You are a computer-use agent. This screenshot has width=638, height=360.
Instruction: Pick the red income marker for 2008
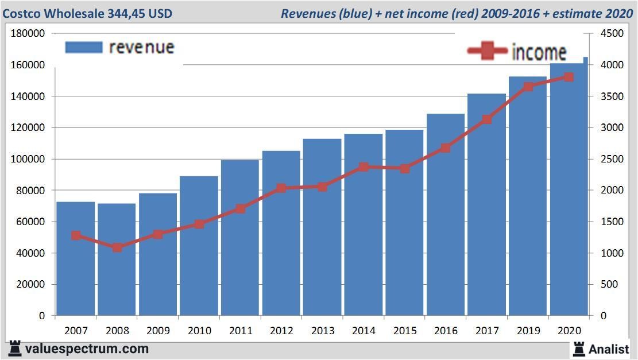pos(117,247)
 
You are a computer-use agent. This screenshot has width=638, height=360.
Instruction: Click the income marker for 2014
pos(364,167)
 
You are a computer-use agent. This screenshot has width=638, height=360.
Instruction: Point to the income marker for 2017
pos(487,119)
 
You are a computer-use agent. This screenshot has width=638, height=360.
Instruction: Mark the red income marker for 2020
pos(569,77)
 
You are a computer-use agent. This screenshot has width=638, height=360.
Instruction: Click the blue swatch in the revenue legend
pos(84,47)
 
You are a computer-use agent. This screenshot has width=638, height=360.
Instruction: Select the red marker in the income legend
pos(487,52)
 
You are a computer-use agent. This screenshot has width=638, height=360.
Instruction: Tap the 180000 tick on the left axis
pos(28,33)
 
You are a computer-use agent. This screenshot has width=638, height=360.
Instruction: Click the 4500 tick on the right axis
pos(612,33)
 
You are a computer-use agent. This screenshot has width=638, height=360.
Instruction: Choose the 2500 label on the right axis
pos(612,159)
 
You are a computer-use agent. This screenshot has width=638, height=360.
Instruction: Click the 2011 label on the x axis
pos(240,331)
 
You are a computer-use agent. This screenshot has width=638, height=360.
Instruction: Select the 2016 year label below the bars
pos(446,331)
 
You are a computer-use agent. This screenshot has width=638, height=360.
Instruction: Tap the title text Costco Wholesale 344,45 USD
pos(87,13)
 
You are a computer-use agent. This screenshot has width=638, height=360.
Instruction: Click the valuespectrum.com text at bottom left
pos(87,349)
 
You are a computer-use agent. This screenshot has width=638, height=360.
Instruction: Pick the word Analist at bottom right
pos(608,349)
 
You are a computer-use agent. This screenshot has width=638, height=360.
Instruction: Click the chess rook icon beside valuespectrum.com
pos(15,349)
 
